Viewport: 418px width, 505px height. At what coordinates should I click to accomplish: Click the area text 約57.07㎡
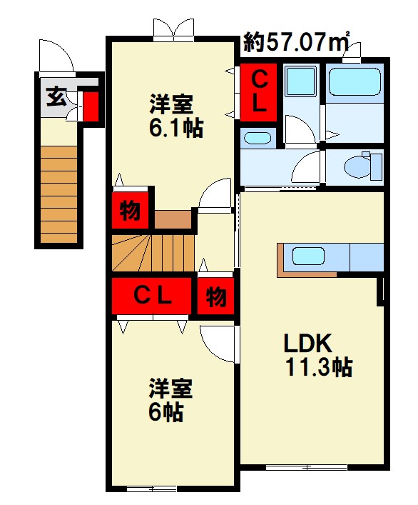tap(296, 42)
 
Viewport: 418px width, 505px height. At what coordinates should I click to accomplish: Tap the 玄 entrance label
tap(56, 96)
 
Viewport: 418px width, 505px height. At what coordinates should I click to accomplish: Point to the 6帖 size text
tap(165, 412)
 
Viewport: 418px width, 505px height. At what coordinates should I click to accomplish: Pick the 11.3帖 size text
tap(319, 367)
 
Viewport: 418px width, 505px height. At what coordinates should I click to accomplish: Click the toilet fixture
tap(363, 166)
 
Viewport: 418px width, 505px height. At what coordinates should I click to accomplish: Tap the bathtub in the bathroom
tap(355, 82)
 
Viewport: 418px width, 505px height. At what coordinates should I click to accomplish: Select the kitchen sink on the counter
tap(308, 256)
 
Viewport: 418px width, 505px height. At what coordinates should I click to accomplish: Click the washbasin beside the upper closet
tap(258, 138)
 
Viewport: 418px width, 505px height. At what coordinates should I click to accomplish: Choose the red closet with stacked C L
tap(258, 92)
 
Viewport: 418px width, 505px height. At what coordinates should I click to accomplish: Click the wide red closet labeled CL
tap(151, 296)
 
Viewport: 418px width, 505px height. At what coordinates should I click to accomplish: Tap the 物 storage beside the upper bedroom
tap(130, 210)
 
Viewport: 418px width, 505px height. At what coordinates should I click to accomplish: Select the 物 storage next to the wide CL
tap(215, 296)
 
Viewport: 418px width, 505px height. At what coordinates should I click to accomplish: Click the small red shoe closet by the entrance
tap(91, 106)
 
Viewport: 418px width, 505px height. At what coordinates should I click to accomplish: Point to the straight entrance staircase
tap(58, 194)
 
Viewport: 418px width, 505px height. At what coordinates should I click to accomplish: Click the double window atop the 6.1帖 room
tap(173, 30)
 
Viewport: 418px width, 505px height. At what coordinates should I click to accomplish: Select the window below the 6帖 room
tap(152, 489)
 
